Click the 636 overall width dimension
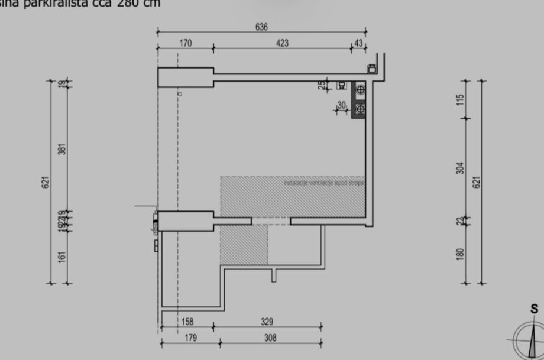click(x=261, y=27)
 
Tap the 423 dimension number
click(x=281, y=43)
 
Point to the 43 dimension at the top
click(x=358, y=43)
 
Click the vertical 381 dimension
click(x=62, y=148)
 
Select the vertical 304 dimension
click(x=461, y=168)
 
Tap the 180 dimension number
click(x=461, y=252)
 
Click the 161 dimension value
click(x=62, y=257)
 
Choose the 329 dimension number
click(x=268, y=322)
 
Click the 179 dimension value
click(x=190, y=338)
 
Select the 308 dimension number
click(x=269, y=338)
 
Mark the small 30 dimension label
click(x=341, y=105)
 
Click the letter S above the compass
click(x=534, y=309)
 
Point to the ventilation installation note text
click(x=324, y=183)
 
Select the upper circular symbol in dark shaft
click(x=360, y=89)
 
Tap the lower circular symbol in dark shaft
click(x=360, y=109)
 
